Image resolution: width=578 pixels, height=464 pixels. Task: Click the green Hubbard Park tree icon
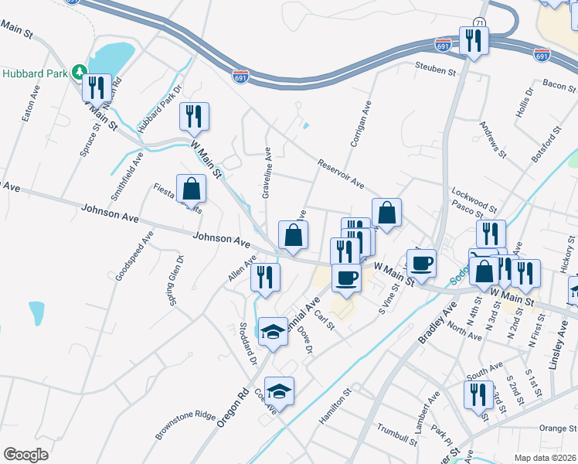point(78,73)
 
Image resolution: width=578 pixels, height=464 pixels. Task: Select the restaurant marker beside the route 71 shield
point(472,42)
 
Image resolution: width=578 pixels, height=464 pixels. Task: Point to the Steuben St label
point(436,70)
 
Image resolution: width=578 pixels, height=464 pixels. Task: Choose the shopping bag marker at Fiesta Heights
point(191,189)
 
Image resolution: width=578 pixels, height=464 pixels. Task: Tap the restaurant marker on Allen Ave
point(265,278)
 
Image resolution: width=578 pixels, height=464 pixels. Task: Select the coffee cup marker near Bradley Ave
point(422,264)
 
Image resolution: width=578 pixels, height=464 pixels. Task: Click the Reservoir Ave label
point(340,174)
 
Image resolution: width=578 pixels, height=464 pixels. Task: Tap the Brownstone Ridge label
point(185,425)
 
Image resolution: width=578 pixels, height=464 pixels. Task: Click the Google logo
point(25,454)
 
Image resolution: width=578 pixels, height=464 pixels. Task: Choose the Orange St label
point(553,428)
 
